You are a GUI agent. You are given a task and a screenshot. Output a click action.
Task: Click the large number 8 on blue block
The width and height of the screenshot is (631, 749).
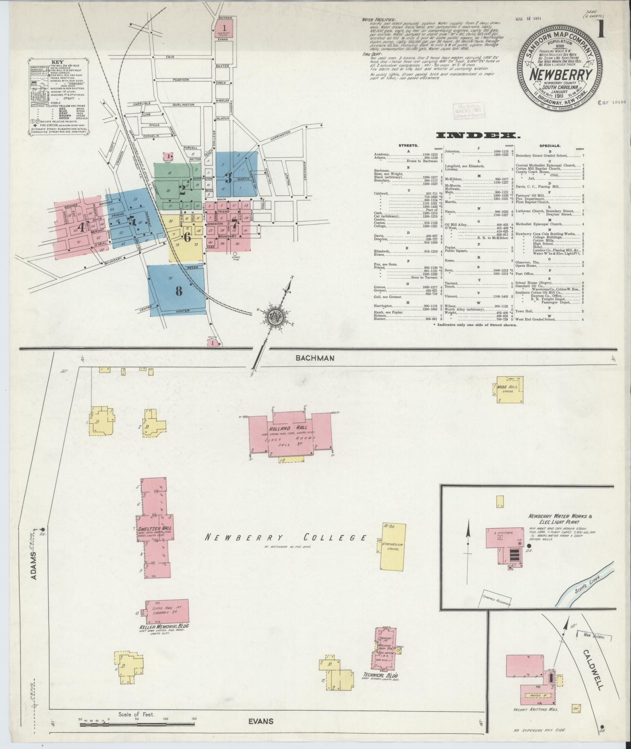pyautogui.click(x=179, y=291)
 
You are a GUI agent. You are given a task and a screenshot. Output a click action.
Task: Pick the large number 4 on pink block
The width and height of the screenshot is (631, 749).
pyautogui.click(x=81, y=228)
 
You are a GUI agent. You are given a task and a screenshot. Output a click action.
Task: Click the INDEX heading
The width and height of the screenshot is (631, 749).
pyautogui.click(x=478, y=136)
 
